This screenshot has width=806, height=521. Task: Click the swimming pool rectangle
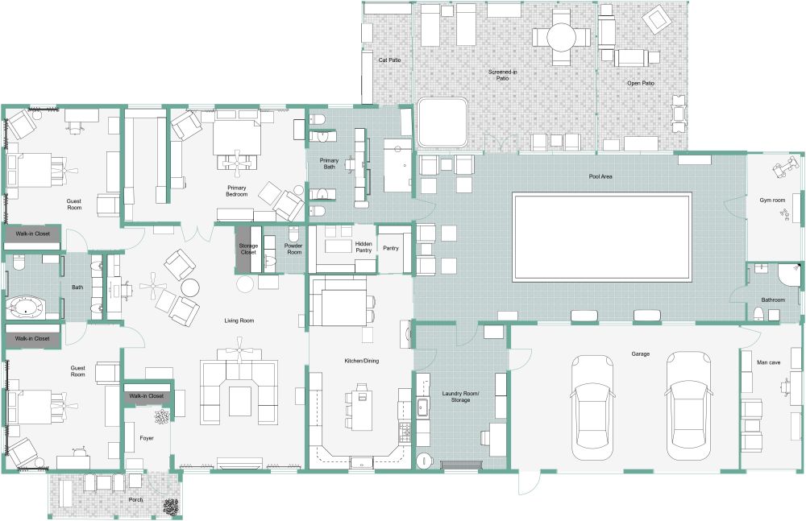coord(602,237)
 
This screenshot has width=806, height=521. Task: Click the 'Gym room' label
coord(771,200)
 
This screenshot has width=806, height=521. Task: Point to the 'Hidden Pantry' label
coord(364,247)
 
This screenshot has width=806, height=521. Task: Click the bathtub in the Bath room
coord(30,308)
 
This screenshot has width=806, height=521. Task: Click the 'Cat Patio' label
coord(390,60)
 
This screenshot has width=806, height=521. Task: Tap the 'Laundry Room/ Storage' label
coord(460,396)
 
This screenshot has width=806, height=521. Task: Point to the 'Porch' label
coord(136,500)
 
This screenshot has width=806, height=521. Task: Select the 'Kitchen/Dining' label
coord(361,361)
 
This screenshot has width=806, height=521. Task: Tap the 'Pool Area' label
coord(600,176)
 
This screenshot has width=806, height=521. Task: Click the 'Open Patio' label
coord(641,83)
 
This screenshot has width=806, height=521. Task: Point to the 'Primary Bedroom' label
coord(236,191)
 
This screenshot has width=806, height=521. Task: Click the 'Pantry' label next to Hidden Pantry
coord(391,249)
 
